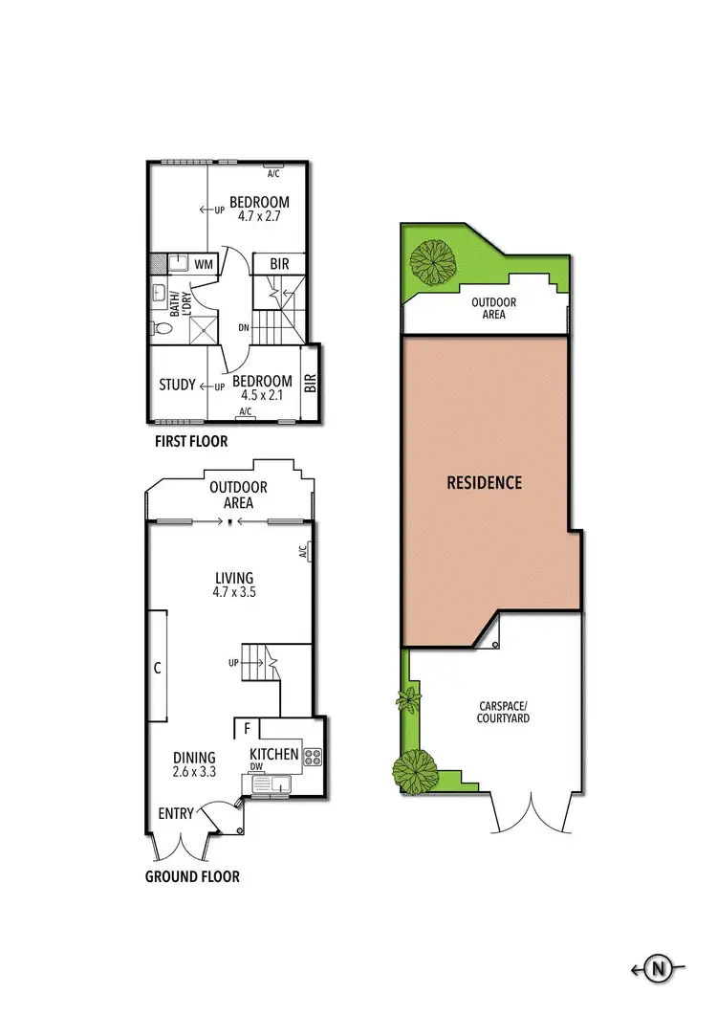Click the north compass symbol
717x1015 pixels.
click(x=659, y=969)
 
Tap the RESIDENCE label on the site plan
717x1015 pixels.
click(x=485, y=482)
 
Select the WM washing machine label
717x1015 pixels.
click(x=204, y=263)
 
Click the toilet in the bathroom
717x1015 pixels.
click(x=161, y=328)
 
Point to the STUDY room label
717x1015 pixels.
click(x=177, y=385)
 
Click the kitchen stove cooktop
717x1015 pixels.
click(x=312, y=757)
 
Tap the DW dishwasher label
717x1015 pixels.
click(x=256, y=766)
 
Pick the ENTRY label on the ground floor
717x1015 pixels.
click(x=176, y=813)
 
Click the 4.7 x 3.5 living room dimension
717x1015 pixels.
click(x=234, y=592)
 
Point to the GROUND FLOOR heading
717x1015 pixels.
click(x=192, y=876)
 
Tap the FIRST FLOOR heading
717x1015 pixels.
click(x=191, y=442)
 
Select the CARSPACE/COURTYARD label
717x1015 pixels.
click(x=504, y=712)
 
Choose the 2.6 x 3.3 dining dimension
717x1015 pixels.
click(x=194, y=772)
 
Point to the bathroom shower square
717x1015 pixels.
click(x=203, y=326)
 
